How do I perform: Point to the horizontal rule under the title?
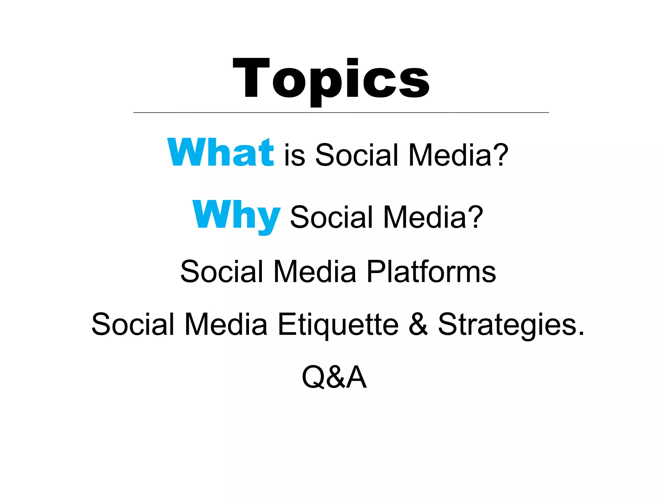[341, 113]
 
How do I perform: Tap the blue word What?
[220, 152]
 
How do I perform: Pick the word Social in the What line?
[356, 155]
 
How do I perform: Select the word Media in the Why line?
[425, 217]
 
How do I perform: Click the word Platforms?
[431, 272]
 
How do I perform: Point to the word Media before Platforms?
[315, 271]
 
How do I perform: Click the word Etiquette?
[338, 325]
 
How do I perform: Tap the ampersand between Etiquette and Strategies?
[418, 325]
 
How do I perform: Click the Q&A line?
[334, 377]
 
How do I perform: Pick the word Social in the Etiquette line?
[133, 325]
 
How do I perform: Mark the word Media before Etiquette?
[226, 325]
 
